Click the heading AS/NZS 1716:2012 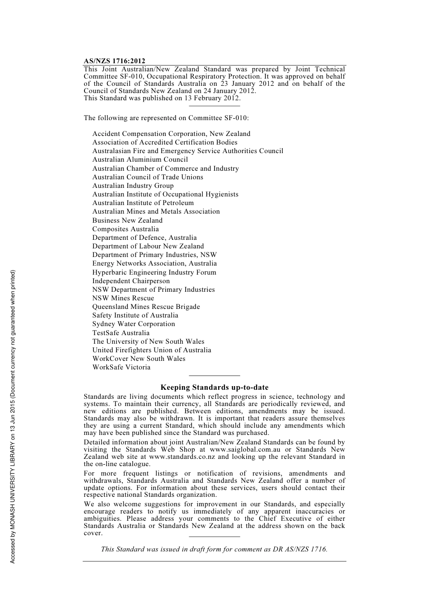114,61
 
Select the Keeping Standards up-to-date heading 214,387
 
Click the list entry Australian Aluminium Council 140,159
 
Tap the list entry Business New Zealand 127,220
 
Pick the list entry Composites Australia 126,229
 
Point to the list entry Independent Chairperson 131,281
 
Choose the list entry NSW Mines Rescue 123,298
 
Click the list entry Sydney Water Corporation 134,324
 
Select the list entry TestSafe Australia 121,333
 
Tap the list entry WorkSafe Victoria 121,367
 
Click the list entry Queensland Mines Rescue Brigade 146,307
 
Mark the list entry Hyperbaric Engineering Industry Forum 154,272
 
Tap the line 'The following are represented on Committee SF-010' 166,118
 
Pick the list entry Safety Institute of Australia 135,315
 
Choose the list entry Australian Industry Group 133,186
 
